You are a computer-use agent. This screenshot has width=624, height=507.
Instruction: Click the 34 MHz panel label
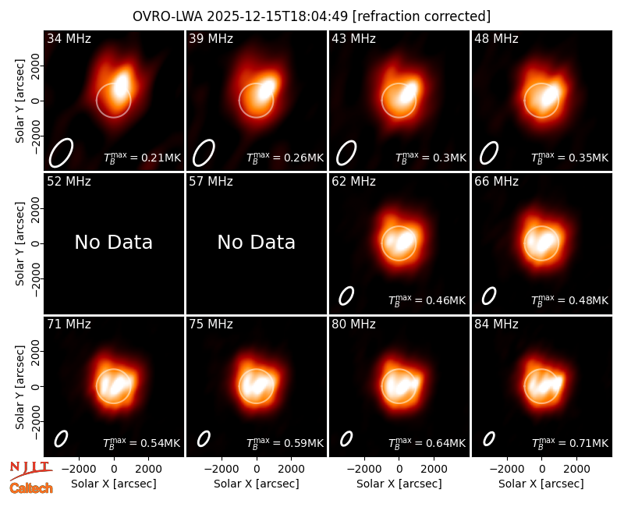69,38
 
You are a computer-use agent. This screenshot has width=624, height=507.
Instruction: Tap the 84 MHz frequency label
496,324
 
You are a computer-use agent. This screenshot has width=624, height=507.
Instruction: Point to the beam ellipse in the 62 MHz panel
346,296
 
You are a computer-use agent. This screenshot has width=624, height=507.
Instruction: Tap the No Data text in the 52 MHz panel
113,242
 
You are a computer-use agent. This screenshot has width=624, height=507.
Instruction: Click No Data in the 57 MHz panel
257,242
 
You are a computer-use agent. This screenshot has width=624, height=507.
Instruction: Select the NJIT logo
30,470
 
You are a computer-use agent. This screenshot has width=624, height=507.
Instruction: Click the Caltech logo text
31,488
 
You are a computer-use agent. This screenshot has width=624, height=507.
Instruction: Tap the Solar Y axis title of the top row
19,101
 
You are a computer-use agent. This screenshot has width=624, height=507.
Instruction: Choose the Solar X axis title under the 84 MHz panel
541,484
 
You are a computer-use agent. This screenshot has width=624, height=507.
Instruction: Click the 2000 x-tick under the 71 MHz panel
148,469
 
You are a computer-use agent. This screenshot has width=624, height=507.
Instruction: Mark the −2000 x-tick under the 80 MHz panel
364,469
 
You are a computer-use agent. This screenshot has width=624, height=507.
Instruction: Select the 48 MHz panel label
496,38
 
